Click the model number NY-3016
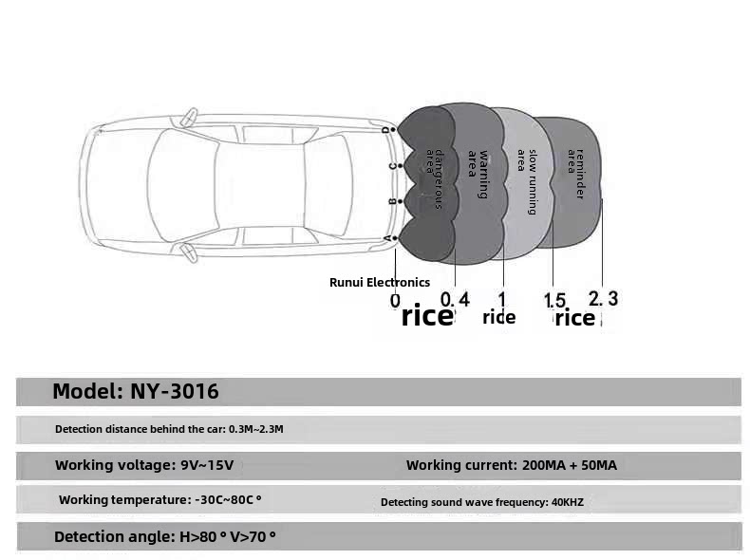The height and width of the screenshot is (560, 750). pos(175,391)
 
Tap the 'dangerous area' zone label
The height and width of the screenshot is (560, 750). pos(434,178)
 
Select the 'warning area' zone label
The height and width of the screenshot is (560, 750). pos(478,174)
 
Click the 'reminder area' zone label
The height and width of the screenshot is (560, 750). pos(575,174)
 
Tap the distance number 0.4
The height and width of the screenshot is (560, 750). pos(455,299)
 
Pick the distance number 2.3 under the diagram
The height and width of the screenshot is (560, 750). pos(604,298)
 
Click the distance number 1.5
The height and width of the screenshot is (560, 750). pos(554,300)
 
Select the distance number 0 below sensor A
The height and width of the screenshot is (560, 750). pos(395,301)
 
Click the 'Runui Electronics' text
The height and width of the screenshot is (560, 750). pos(380,282)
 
